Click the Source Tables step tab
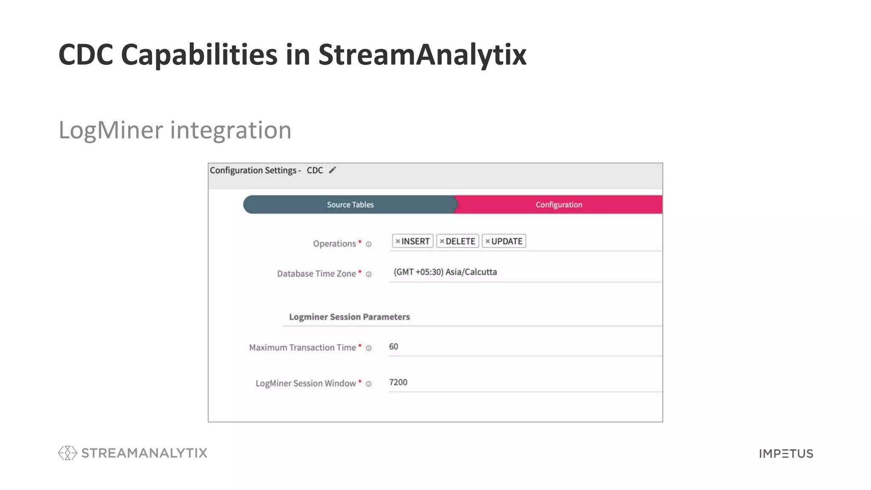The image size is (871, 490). coord(350,205)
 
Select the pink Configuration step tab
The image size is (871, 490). coord(558,205)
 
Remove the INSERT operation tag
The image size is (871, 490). coord(398,241)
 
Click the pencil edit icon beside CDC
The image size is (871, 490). coord(333,170)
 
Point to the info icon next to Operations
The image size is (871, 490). coord(369,244)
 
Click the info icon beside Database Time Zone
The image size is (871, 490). coord(369,274)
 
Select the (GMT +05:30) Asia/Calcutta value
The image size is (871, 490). coord(445,272)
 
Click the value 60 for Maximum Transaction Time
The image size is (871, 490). coord(393,347)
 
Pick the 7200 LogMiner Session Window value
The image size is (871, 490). coord(398,382)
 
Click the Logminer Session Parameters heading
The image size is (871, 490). coord(349,317)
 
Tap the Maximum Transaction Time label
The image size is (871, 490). coord(302,348)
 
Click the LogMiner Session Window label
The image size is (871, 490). coord(305,383)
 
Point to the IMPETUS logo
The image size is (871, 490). coord(786,453)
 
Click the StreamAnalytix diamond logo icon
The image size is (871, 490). coord(67,453)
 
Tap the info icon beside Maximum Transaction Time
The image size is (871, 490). coord(369,348)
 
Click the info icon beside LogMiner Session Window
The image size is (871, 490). coord(369,384)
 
